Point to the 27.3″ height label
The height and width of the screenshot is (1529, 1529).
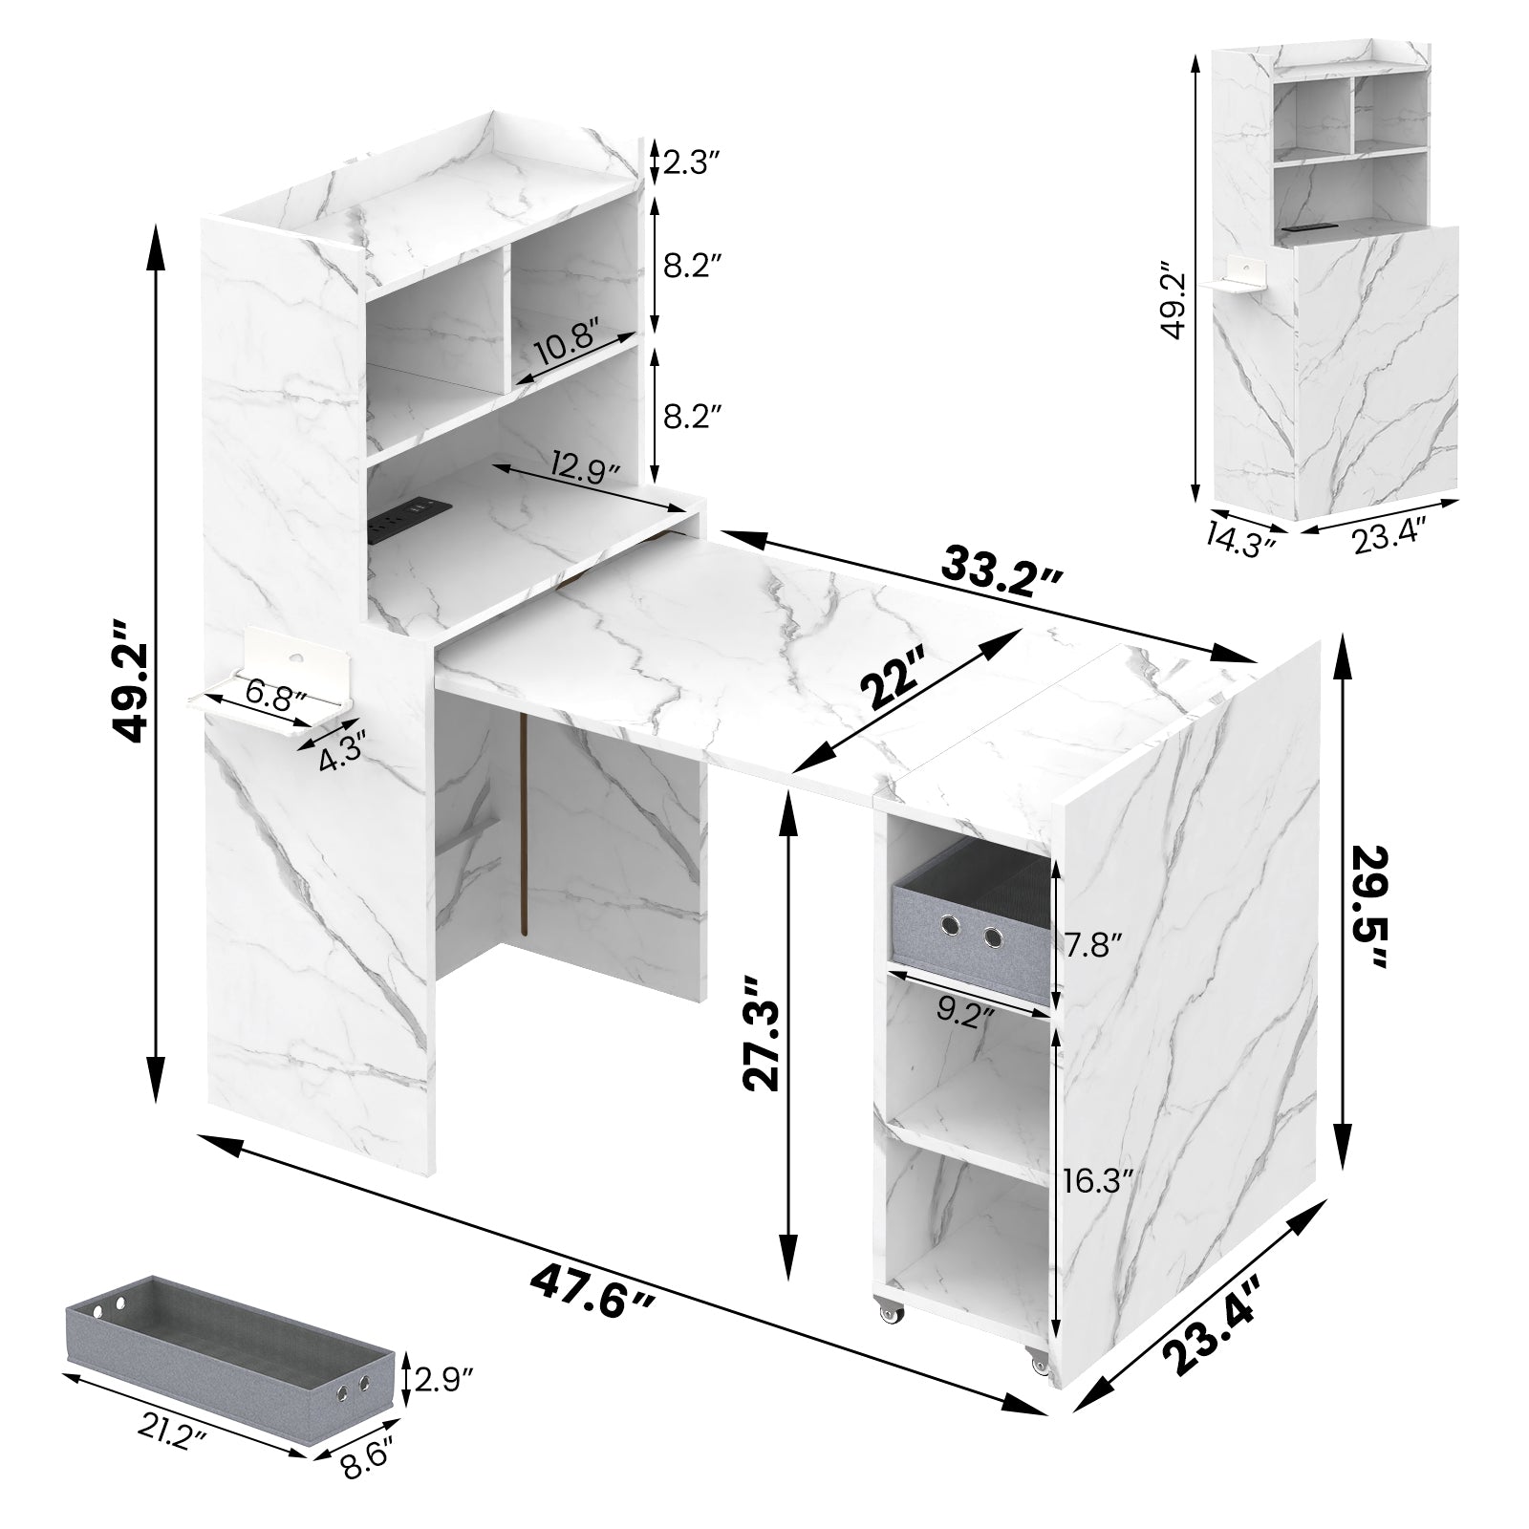pos(764,1033)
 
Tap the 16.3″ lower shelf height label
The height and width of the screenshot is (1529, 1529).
pos(1099,1181)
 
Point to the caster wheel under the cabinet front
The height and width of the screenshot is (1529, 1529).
pos(889,1316)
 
